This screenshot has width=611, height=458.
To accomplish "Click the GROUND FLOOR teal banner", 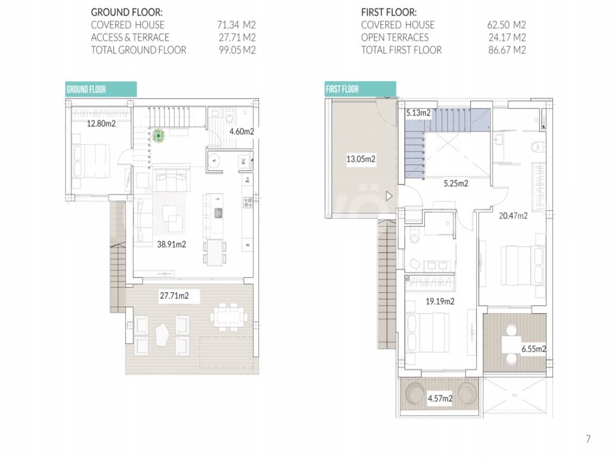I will click(x=101, y=89).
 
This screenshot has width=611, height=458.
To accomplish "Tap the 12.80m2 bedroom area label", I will click(x=101, y=124).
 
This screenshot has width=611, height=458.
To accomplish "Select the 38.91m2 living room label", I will click(x=171, y=245).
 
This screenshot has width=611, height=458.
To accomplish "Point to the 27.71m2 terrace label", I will click(x=178, y=295).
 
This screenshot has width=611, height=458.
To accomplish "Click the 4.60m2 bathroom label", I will click(x=242, y=131).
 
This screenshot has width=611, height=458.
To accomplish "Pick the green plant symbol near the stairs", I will click(x=159, y=137).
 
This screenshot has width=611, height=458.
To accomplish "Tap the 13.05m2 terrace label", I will click(x=361, y=159).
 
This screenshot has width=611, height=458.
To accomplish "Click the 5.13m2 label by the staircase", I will click(x=418, y=113).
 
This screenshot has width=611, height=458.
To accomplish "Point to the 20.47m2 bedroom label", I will click(x=513, y=216).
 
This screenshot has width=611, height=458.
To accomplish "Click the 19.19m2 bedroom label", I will click(x=440, y=302).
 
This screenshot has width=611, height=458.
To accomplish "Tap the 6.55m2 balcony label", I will click(x=533, y=349).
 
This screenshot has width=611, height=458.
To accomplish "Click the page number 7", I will click(x=588, y=440).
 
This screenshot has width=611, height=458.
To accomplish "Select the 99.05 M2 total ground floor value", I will click(x=237, y=50).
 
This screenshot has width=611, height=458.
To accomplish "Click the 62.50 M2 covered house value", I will click(x=507, y=25).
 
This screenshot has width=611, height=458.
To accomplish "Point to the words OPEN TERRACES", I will click(x=394, y=38).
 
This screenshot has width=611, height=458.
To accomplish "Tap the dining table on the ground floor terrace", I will click(x=229, y=315).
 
